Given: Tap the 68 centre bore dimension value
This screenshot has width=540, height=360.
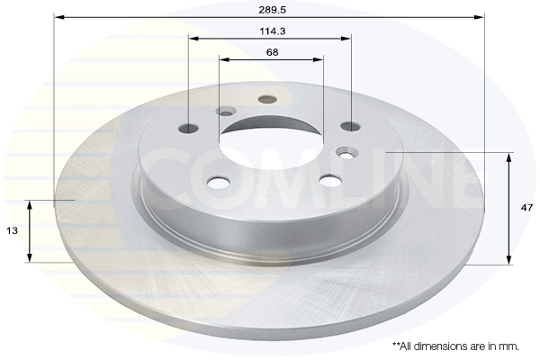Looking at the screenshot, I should click(271, 51).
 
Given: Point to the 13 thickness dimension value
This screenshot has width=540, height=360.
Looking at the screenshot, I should click(13, 231).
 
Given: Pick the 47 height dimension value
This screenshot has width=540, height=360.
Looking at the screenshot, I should click(526, 207).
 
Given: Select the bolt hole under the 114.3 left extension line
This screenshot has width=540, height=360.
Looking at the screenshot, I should click(189, 127).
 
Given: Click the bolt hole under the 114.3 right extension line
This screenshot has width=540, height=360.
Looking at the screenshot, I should click(350, 125).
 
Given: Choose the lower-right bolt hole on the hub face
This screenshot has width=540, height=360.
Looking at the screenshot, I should click(330, 181).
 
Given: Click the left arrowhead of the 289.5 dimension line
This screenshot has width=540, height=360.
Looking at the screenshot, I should click(58, 16).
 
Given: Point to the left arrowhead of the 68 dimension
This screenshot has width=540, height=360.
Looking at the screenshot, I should click(223, 60).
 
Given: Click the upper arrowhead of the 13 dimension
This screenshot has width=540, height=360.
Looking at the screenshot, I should click(31, 204).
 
